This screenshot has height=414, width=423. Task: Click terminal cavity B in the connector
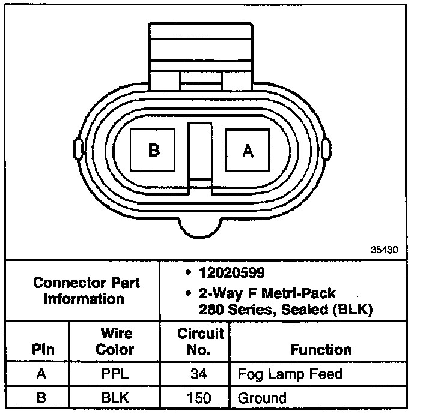click(153, 150)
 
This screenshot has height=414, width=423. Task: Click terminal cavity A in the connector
click(248, 150)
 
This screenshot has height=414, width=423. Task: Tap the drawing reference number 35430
click(384, 250)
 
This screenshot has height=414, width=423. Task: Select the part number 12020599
click(232, 272)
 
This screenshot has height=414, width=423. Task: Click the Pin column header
click(43, 349)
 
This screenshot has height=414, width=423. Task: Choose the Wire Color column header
click(115, 341)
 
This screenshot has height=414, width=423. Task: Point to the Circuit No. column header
click(201, 341)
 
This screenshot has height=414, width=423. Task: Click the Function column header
click(321, 349)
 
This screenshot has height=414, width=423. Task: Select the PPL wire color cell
click(115, 374)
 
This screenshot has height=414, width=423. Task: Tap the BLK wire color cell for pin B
click(115, 398)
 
